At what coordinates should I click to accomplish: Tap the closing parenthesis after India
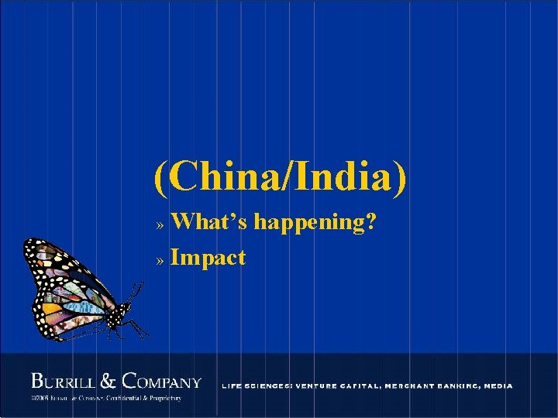(398, 178)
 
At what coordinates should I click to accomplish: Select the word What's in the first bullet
(209, 223)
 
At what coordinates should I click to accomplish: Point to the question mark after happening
(371, 223)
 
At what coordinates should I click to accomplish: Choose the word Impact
(208, 257)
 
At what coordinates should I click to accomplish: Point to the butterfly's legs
(138, 328)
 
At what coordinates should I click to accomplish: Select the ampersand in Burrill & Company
(109, 381)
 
